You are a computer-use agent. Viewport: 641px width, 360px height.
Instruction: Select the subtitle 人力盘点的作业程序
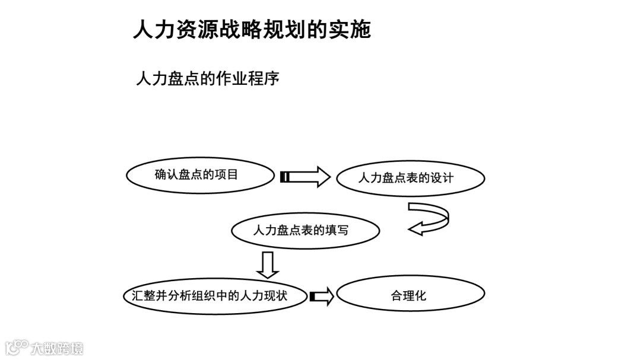(x=208, y=78)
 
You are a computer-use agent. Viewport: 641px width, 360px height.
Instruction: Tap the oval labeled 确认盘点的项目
(x=201, y=176)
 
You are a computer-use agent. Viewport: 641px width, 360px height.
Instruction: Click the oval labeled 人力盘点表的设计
(x=410, y=178)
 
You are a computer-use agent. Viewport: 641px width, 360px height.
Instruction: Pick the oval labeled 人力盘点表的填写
(x=305, y=230)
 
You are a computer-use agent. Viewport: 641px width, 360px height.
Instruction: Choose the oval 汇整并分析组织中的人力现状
(x=215, y=295)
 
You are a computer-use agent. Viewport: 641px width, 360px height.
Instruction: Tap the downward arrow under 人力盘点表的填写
(x=268, y=265)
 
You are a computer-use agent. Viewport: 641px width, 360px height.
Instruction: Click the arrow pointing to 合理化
(x=322, y=296)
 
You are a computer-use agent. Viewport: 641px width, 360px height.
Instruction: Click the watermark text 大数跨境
(x=58, y=348)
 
